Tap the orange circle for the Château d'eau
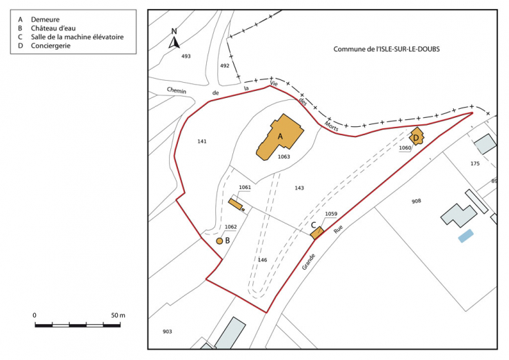coord(219,241)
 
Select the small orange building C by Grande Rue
coord(317,233)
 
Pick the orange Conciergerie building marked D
coord(417,137)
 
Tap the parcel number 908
coord(416,201)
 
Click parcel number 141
coord(201,141)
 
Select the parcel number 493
coord(186,56)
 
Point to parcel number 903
coord(167,332)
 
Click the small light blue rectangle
coord(467,235)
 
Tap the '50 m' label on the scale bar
coord(117,315)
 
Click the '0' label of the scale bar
coord(34,315)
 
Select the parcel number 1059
coord(331,214)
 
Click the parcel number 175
coord(475,163)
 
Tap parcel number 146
coord(262,260)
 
